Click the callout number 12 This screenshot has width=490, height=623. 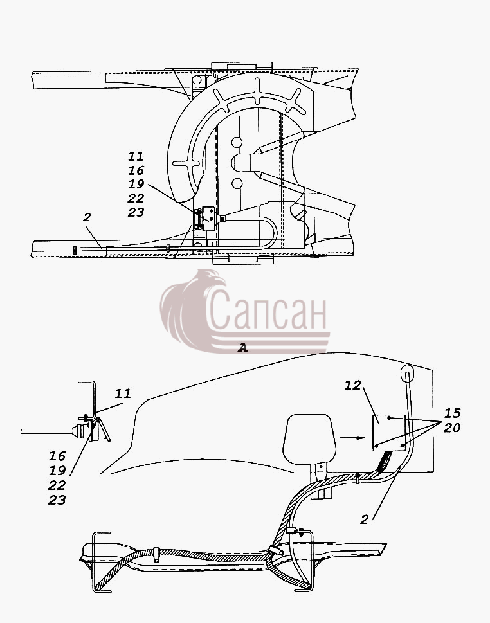[x=352, y=385]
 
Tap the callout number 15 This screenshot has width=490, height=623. [x=452, y=413]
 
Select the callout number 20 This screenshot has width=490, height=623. [x=452, y=428]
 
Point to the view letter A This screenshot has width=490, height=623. [x=242, y=348]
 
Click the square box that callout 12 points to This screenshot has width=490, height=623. [x=389, y=433]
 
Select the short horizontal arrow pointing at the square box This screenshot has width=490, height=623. [x=352, y=438]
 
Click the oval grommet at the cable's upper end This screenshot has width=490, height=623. [x=406, y=372]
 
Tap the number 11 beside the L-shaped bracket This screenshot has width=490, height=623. [x=123, y=393]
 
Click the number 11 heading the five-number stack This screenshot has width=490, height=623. [x=136, y=156]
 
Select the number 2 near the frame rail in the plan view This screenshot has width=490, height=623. [x=87, y=217]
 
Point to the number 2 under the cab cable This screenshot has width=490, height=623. [x=364, y=519]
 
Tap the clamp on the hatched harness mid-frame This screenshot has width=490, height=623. [x=156, y=555]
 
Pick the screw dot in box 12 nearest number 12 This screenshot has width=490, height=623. [x=390, y=418]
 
